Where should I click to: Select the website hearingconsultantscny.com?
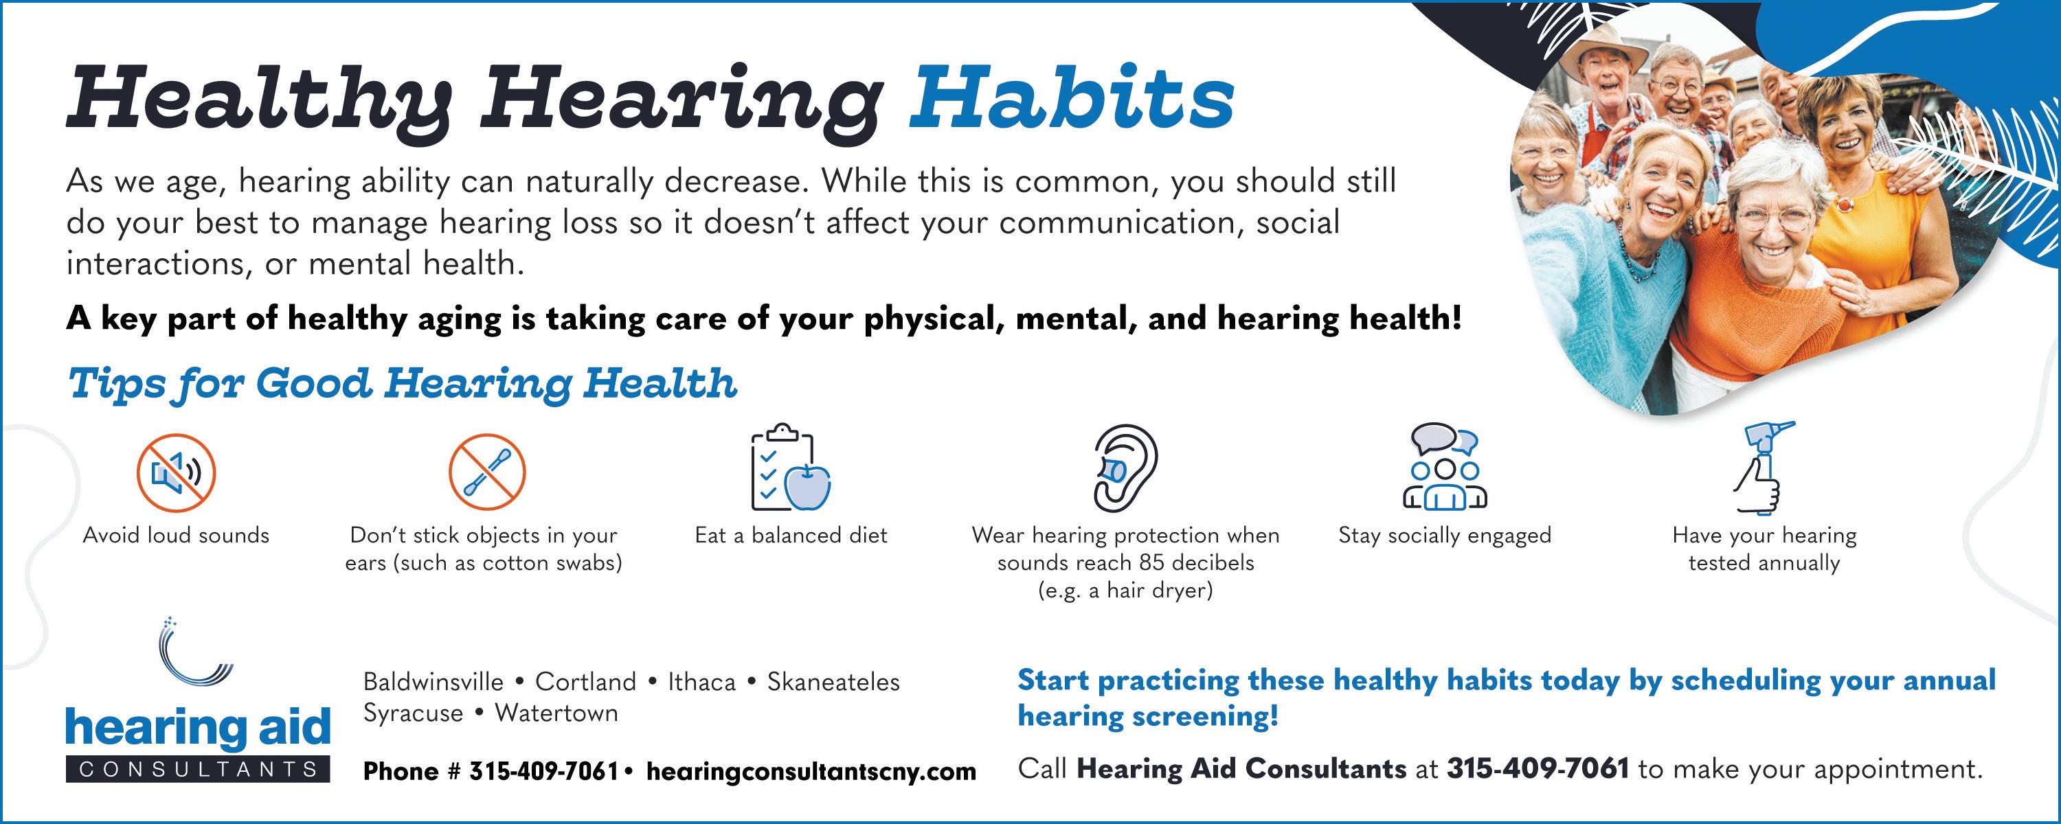click(811, 771)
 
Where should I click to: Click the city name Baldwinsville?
click(433, 682)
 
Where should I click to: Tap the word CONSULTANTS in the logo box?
click(199, 769)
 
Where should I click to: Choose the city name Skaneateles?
click(834, 682)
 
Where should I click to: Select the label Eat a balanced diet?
click(791, 535)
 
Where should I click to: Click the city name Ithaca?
click(701, 682)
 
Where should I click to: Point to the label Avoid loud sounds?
click(176, 535)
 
